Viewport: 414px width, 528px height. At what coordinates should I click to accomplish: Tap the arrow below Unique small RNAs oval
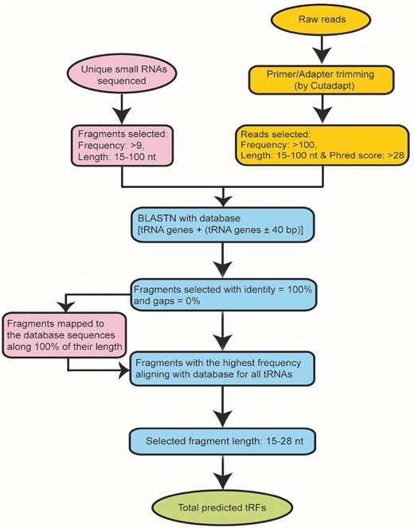[121, 104]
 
